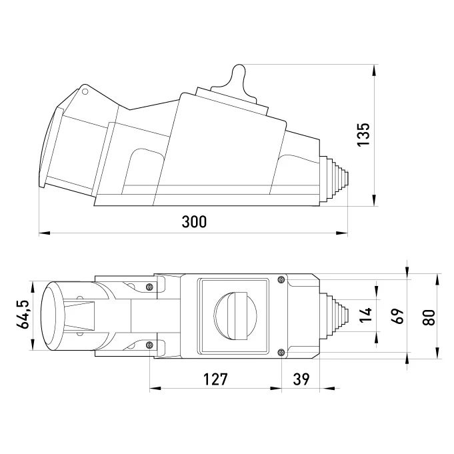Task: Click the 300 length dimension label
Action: pyautogui.click(x=194, y=223)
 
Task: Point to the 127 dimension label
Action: pyautogui.click(x=215, y=379)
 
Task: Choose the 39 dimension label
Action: pyautogui.click(x=301, y=379)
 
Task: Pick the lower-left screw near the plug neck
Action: pyautogui.click(x=149, y=345)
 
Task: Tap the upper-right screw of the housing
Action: pyautogui.click(x=281, y=279)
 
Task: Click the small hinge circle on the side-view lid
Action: pyautogui.click(x=85, y=91)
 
